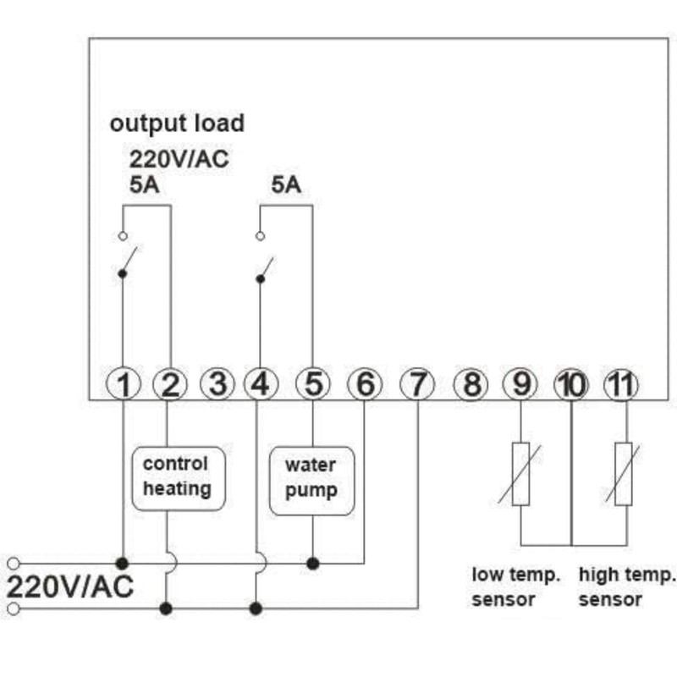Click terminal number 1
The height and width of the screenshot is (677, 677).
coord(124,385)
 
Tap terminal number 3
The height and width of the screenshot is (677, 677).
coord(217,385)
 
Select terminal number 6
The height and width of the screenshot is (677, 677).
coord(365,385)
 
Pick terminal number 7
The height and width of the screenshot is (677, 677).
coord(416,385)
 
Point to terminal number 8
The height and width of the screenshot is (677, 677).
coord(471,385)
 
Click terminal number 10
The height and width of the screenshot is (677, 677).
coord(571,385)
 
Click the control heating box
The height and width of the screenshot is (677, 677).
coord(177,477)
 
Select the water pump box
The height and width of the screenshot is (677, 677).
coord(311,479)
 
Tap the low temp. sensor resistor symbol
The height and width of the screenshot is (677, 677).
coord(520,473)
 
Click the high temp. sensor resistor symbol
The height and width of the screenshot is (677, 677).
coord(624,473)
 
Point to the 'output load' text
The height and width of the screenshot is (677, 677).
coord(177,124)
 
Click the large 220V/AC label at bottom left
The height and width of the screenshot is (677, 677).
coord(70,586)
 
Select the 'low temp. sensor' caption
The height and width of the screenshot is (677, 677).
coord(515,587)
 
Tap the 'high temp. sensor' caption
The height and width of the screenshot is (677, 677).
coord(627,587)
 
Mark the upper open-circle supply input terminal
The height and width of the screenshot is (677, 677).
coord(13,563)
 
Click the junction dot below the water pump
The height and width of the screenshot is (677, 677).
coord(313,563)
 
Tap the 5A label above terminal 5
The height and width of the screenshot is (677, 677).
coord(286,184)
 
